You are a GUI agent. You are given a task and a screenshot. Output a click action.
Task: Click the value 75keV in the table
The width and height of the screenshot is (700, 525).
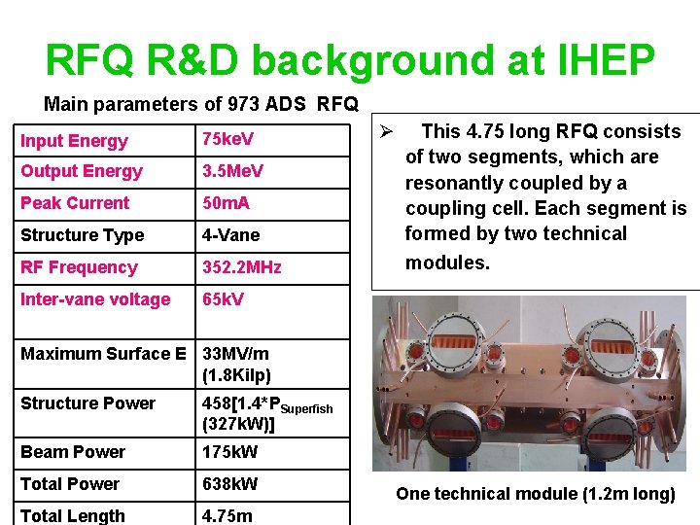[x=227, y=139]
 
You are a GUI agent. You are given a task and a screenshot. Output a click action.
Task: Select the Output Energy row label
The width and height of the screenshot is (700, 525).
[x=82, y=171]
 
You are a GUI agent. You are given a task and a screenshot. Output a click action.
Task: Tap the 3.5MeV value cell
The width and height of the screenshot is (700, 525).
[x=234, y=171]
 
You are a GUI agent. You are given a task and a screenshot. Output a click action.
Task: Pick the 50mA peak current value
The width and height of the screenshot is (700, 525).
[x=226, y=203]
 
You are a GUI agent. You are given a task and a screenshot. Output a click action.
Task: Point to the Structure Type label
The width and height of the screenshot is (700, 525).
[x=82, y=235]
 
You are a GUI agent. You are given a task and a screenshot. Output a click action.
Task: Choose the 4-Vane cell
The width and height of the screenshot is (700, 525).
[x=230, y=235]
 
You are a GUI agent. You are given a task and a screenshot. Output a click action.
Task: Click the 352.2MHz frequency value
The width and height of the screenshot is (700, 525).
[x=241, y=267]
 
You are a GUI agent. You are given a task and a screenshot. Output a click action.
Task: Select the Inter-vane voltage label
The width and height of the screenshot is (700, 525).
[x=95, y=299]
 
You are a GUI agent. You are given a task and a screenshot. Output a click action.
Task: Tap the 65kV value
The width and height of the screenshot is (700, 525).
[x=223, y=299]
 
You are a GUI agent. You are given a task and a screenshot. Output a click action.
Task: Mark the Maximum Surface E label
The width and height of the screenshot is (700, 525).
[x=103, y=354]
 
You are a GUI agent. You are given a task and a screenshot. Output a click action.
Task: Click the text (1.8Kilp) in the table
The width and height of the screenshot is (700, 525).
[x=236, y=374]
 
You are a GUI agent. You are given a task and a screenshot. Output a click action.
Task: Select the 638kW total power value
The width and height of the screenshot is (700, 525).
[x=229, y=484]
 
